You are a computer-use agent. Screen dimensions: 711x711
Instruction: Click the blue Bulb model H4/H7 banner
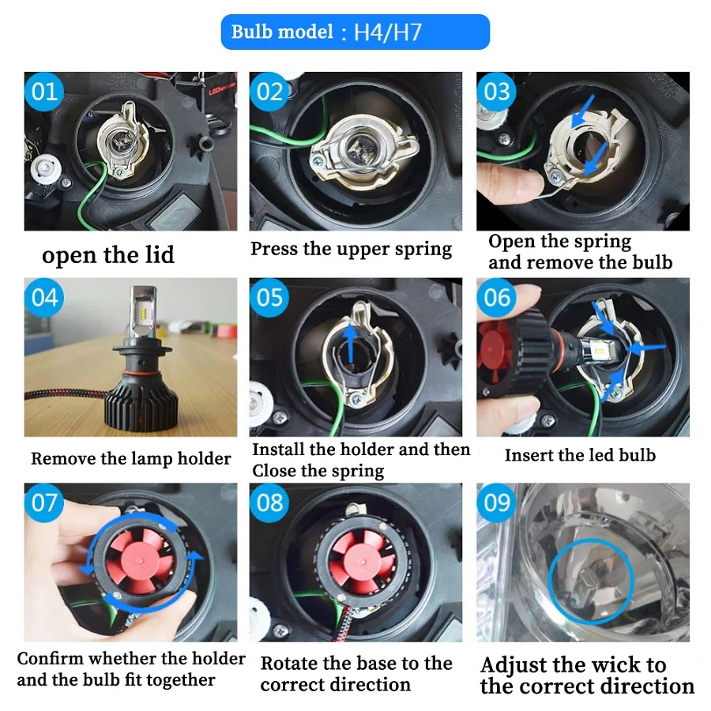355,32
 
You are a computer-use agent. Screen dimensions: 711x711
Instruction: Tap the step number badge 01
44,92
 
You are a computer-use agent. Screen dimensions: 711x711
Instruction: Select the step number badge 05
269,298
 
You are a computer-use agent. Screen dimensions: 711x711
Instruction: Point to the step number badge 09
497,502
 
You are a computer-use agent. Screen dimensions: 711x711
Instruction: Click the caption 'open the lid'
108,254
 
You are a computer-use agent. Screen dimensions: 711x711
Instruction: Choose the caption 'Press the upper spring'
351,249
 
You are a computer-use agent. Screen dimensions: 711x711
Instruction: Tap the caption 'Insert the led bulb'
580,455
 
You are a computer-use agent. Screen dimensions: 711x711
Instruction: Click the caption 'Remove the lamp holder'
130,458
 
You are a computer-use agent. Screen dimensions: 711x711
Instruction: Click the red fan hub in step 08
361,562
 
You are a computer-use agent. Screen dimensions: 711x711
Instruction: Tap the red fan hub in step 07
139,559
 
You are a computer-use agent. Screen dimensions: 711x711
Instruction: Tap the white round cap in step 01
45,168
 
